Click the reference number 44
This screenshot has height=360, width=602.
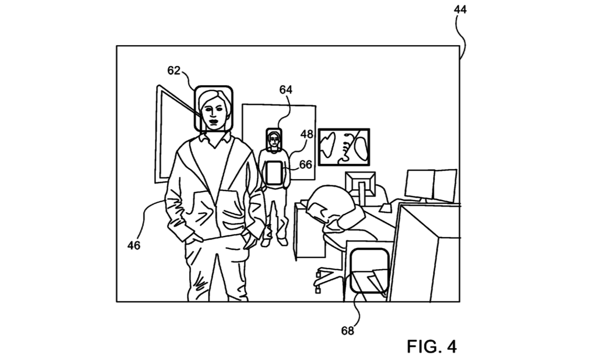460,9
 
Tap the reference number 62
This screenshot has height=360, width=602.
174,70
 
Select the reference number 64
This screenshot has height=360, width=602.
286,90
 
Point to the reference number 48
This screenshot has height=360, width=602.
307,134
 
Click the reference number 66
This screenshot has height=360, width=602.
305,164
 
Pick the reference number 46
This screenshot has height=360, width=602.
134,245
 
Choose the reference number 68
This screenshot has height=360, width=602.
348,331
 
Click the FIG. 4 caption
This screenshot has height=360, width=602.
432,346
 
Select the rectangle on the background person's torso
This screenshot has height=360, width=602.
274,173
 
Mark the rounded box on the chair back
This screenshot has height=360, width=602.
370,270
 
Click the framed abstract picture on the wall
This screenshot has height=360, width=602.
344,147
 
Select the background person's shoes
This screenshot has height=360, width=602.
274,241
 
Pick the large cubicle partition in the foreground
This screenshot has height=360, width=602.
423,255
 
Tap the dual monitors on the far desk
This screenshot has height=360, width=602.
430,184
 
